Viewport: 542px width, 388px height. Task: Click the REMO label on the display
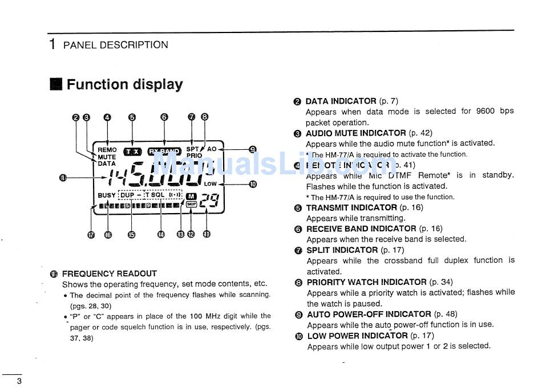click(x=107, y=150)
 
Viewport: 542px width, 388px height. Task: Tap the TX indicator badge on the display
click(x=132, y=152)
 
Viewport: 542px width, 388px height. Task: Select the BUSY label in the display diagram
click(x=106, y=195)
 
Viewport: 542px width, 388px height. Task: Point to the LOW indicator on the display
click(x=211, y=184)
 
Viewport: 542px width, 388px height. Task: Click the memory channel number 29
click(x=209, y=199)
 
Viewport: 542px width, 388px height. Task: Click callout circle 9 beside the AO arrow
click(x=253, y=149)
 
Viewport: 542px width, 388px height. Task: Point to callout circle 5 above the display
click(x=132, y=117)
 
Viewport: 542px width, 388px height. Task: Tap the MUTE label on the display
click(x=107, y=157)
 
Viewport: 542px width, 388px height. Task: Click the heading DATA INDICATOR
click(x=341, y=101)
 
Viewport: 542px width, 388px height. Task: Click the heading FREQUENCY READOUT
click(x=109, y=273)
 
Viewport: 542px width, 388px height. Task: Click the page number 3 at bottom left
click(x=19, y=381)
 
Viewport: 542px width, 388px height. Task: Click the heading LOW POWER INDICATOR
click(x=357, y=336)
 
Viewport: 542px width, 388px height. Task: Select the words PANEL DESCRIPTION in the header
click(x=115, y=45)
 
